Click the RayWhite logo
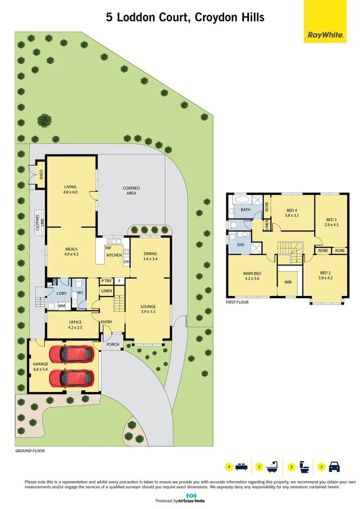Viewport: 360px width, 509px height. (x=325, y=34)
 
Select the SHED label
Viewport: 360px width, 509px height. (x=41, y=175)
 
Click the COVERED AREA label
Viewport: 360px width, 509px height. (x=131, y=190)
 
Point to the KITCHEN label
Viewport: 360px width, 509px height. (x=114, y=255)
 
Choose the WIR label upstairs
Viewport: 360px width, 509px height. (x=288, y=282)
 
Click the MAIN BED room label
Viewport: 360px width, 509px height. (x=252, y=276)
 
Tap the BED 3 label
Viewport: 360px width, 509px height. (x=332, y=222)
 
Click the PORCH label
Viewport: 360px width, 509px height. (x=113, y=344)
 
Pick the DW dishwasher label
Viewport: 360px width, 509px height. (x=108, y=248)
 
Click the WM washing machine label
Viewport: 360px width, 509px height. (x=61, y=306)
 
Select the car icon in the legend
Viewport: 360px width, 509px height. (x=334, y=467)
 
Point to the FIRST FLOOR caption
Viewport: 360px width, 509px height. (x=237, y=302)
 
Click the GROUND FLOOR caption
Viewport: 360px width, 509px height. (x=30, y=451)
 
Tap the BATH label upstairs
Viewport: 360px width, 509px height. (x=245, y=210)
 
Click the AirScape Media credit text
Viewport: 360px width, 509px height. (x=191, y=501)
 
